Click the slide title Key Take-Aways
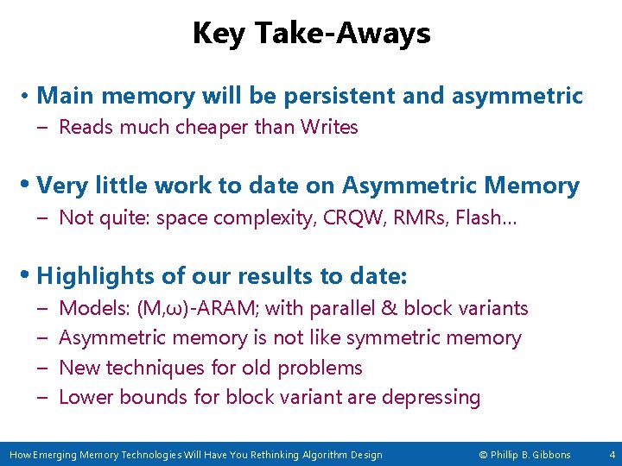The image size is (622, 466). (x=311, y=34)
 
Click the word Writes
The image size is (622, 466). (x=329, y=128)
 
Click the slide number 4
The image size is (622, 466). (x=612, y=454)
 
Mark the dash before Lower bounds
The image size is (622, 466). (x=43, y=397)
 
